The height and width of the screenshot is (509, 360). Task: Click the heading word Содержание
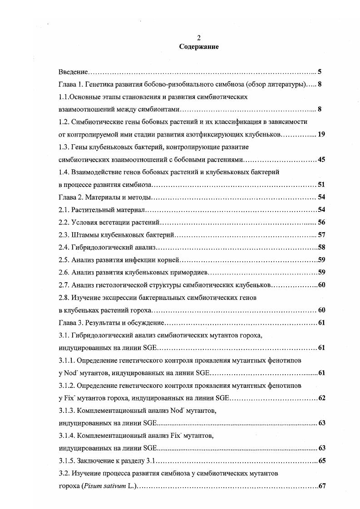[199, 46]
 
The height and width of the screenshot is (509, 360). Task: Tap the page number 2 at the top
[199, 38]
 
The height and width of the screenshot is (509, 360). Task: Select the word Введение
[73, 72]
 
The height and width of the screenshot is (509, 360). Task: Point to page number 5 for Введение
[320, 72]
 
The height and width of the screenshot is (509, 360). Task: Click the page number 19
[321, 134]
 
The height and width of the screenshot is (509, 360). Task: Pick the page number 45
[321, 159]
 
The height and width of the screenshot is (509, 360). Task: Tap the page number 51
[321, 184]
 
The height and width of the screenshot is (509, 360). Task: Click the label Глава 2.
[71, 197]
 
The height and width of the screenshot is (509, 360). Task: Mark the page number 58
[321, 247]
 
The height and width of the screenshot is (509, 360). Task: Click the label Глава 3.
[71, 323]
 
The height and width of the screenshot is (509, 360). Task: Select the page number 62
[321, 398]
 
